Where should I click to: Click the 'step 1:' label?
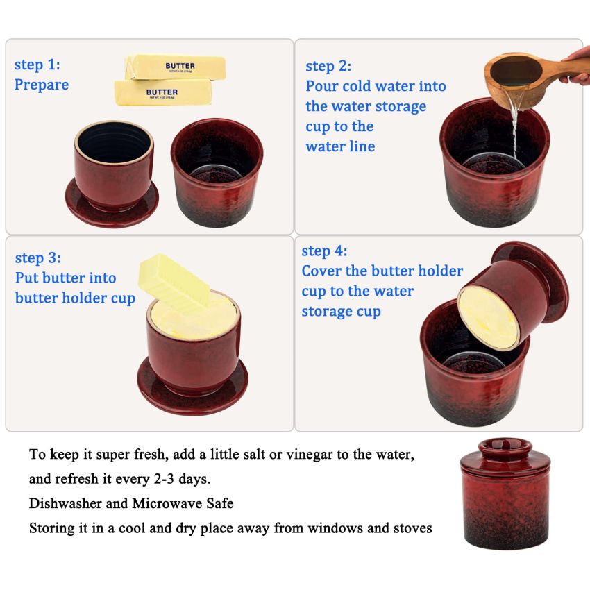37,65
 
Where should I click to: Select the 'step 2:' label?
328,67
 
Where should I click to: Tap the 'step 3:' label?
38,258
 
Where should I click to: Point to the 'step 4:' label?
324,251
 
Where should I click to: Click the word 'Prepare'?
42,85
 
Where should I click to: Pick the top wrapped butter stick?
175,67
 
